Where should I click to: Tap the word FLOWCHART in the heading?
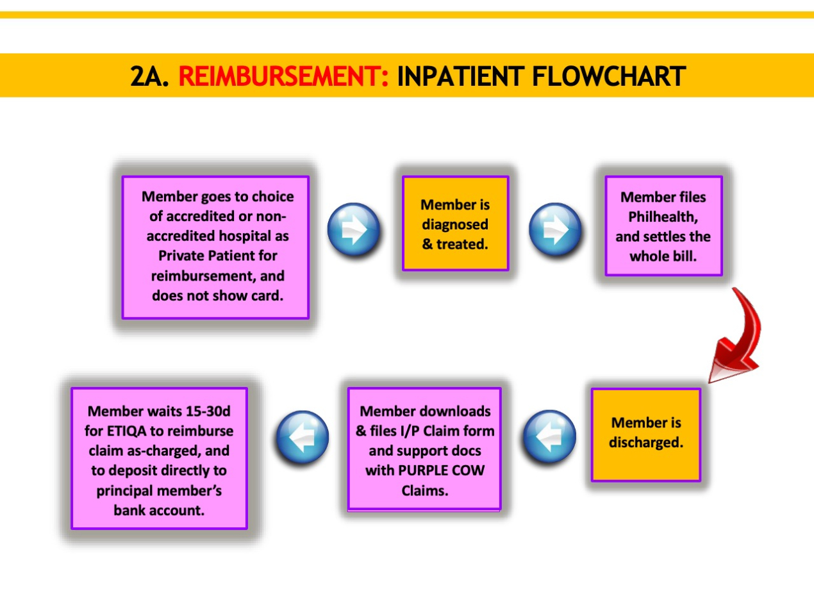(x=609, y=76)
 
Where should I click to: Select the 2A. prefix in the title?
(x=149, y=76)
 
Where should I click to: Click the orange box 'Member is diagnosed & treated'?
(x=456, y=224)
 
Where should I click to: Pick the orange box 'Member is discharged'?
(x=645, y=434)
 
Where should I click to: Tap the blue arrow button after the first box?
(x=353, y=229)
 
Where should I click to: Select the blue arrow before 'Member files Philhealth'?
(x=555, y=229)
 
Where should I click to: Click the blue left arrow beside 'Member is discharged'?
(x=549, y=436)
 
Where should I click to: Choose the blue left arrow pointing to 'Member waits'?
(x=303, y=437)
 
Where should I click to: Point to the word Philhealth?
(x=663, y=217)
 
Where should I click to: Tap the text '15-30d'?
(x=209, y=411)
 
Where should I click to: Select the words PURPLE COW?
(x=442, y=470)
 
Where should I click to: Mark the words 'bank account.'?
(x=159, y=510)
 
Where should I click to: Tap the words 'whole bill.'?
(x=663, y=256)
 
